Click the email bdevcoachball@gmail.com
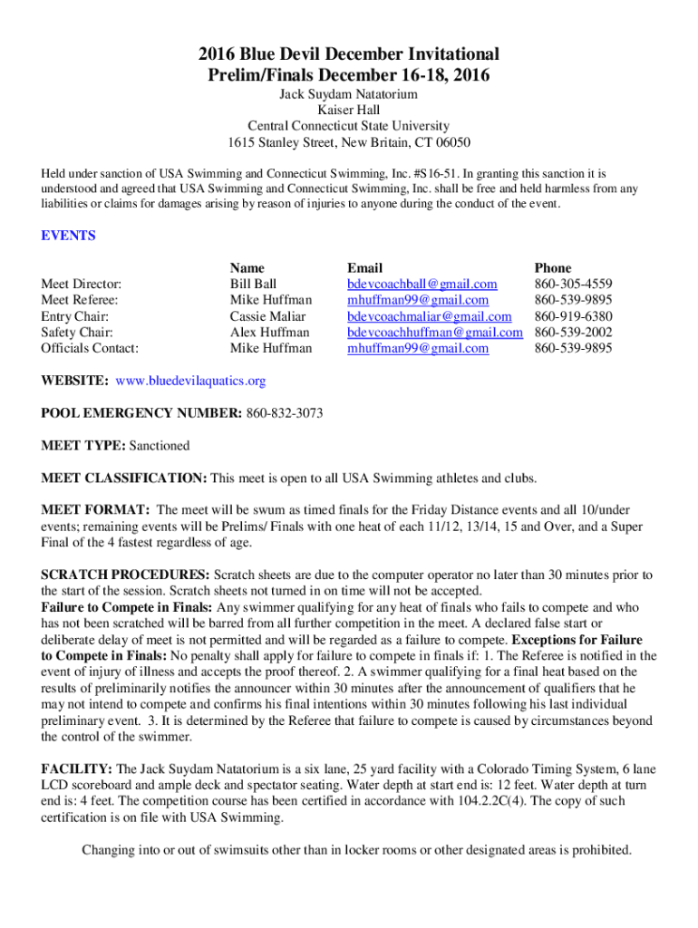click(422, 284)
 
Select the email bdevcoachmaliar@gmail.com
click(430, 316)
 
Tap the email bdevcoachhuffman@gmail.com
click(435, 333)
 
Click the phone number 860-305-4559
click(573, 284)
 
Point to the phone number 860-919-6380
click(573, 316)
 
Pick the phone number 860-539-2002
click(573, 333)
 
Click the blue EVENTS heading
click(69, 236)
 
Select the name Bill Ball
click(253, 284)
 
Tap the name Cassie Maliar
click(267, 316)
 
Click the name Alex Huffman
click(270, 333)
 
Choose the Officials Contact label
click(91, 348)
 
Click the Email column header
click(365, 267)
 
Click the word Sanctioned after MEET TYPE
click(160, 446)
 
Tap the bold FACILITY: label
click(77, 768)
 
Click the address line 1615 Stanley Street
click(349, 143)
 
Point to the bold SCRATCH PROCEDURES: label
click(126, 575)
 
